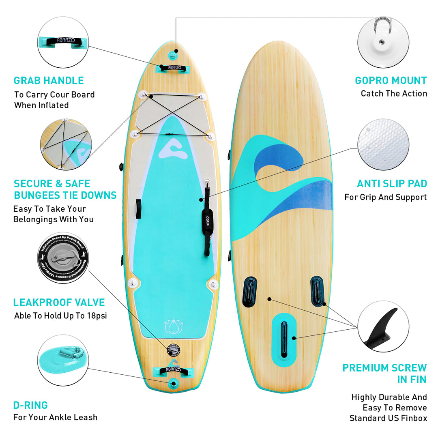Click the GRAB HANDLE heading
click(49, 80)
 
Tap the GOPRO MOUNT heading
click(391, 80)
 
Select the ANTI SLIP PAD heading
click(392, 184)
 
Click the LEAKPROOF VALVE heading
click(59, 303)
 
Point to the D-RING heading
click(30, 405)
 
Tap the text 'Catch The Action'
click(394, 94)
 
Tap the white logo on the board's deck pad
click(173, 148)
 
